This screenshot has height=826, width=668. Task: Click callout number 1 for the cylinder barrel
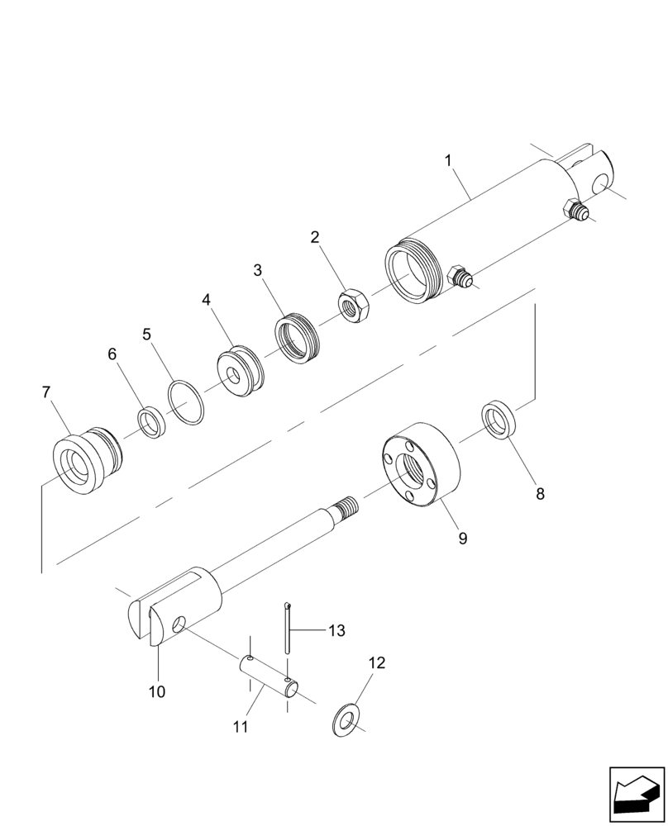point(449,160)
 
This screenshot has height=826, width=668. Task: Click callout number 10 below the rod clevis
point(157,691)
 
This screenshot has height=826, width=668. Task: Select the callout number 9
point(462,538)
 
